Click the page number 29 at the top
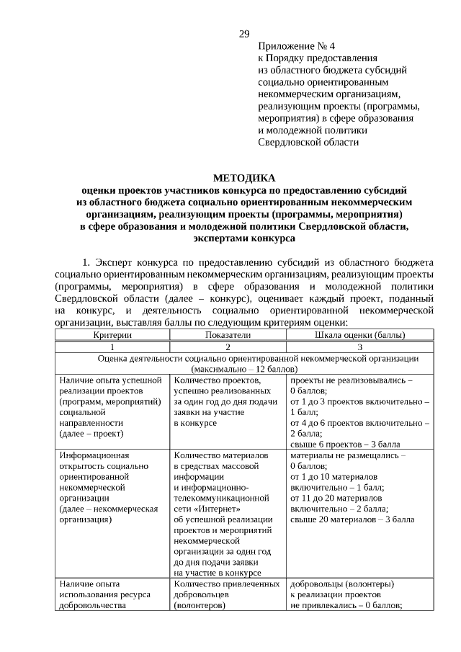click(244, 34)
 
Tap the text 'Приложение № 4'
click(296, 45)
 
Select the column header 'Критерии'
click(112, 335)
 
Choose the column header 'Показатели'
click(228, 335)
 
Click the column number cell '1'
click(112, 347)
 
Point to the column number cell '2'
click(228, 347)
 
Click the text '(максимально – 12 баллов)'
click(244, 369)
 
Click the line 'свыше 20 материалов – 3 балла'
click(352, 519)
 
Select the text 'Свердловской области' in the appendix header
click(308, 142)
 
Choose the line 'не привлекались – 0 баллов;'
click(346, 605)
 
